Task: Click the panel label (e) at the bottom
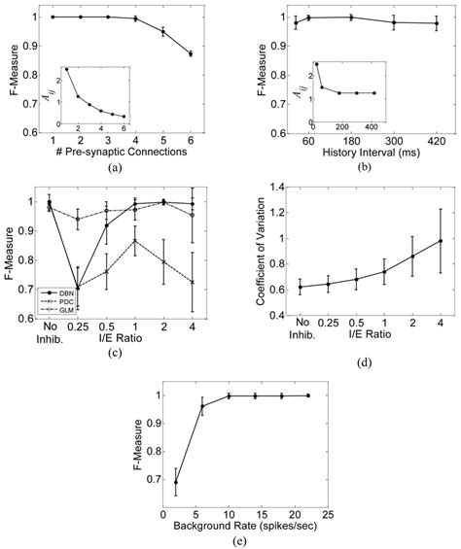point(231,539)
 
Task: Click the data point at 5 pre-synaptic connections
point(162,31)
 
